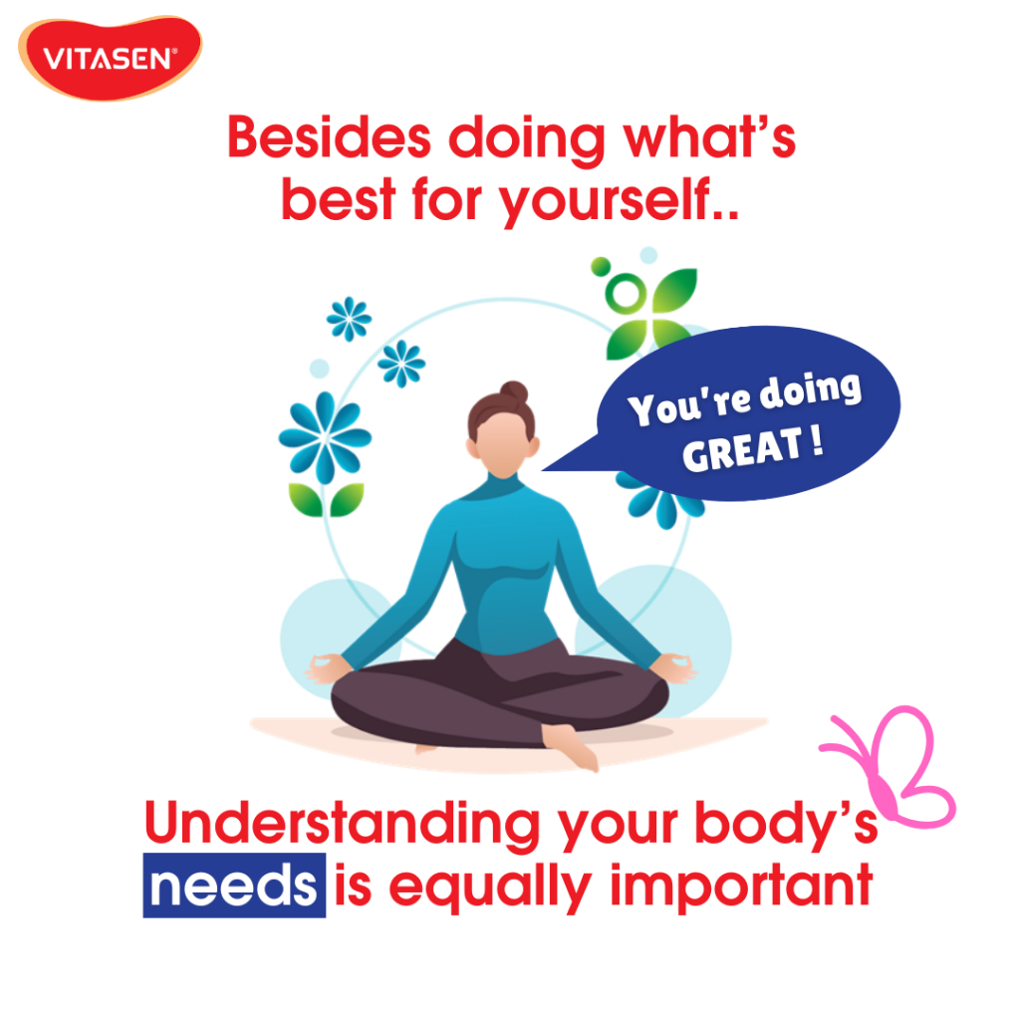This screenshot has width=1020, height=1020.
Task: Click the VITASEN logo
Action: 110,58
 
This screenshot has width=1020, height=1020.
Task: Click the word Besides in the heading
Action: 329,137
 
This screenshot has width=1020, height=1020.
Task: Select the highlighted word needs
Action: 234,886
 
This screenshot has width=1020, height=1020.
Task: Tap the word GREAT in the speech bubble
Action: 741,449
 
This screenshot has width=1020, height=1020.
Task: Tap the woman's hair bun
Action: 514,391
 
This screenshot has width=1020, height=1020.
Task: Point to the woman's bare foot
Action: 571,746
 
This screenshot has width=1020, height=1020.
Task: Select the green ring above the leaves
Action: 626,294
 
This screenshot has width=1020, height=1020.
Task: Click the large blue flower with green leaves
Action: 325,454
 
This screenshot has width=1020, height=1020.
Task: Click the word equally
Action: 490,890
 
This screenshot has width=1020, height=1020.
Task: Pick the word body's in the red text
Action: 787,824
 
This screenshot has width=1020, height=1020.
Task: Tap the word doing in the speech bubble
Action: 811,392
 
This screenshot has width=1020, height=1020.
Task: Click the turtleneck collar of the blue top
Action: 502,485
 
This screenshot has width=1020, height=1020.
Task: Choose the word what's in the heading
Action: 709,137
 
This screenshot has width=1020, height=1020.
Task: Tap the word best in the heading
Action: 339,198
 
